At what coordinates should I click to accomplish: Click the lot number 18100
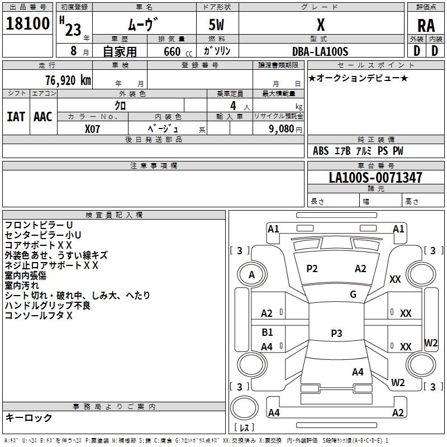(x=27, y=23)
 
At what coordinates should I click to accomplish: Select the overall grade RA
(x=426, y=26)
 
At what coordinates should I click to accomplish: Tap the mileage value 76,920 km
(x=68, y=80)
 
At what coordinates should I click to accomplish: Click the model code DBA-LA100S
(x=320, y=51)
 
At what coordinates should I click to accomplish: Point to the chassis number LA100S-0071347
(x=375, y=178)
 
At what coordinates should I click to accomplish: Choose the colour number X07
(x=92, y=129)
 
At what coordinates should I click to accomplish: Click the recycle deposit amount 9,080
(x=282, y=129)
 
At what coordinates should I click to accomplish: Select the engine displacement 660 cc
(x=178, y=52)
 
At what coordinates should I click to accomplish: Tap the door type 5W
(x=216, y=25)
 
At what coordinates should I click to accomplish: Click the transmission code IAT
(x=16, y=117)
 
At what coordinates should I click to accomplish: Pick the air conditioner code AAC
(x=43, y=117)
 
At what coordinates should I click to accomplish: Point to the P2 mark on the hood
(x=312, y=269)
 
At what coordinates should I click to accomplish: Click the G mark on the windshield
(x=353, y=294)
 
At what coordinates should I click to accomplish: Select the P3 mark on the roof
(x=336, y=333)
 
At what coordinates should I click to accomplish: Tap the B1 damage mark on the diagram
(x=267, y=332)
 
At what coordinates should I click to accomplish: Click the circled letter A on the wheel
(x=252, y=275)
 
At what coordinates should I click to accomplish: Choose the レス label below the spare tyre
(x=244, y=427)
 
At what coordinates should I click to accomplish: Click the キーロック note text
(x=29, y=417)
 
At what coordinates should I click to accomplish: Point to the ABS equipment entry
(x=321, y=151)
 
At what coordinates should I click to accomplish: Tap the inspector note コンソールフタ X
(x=39, y=315)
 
